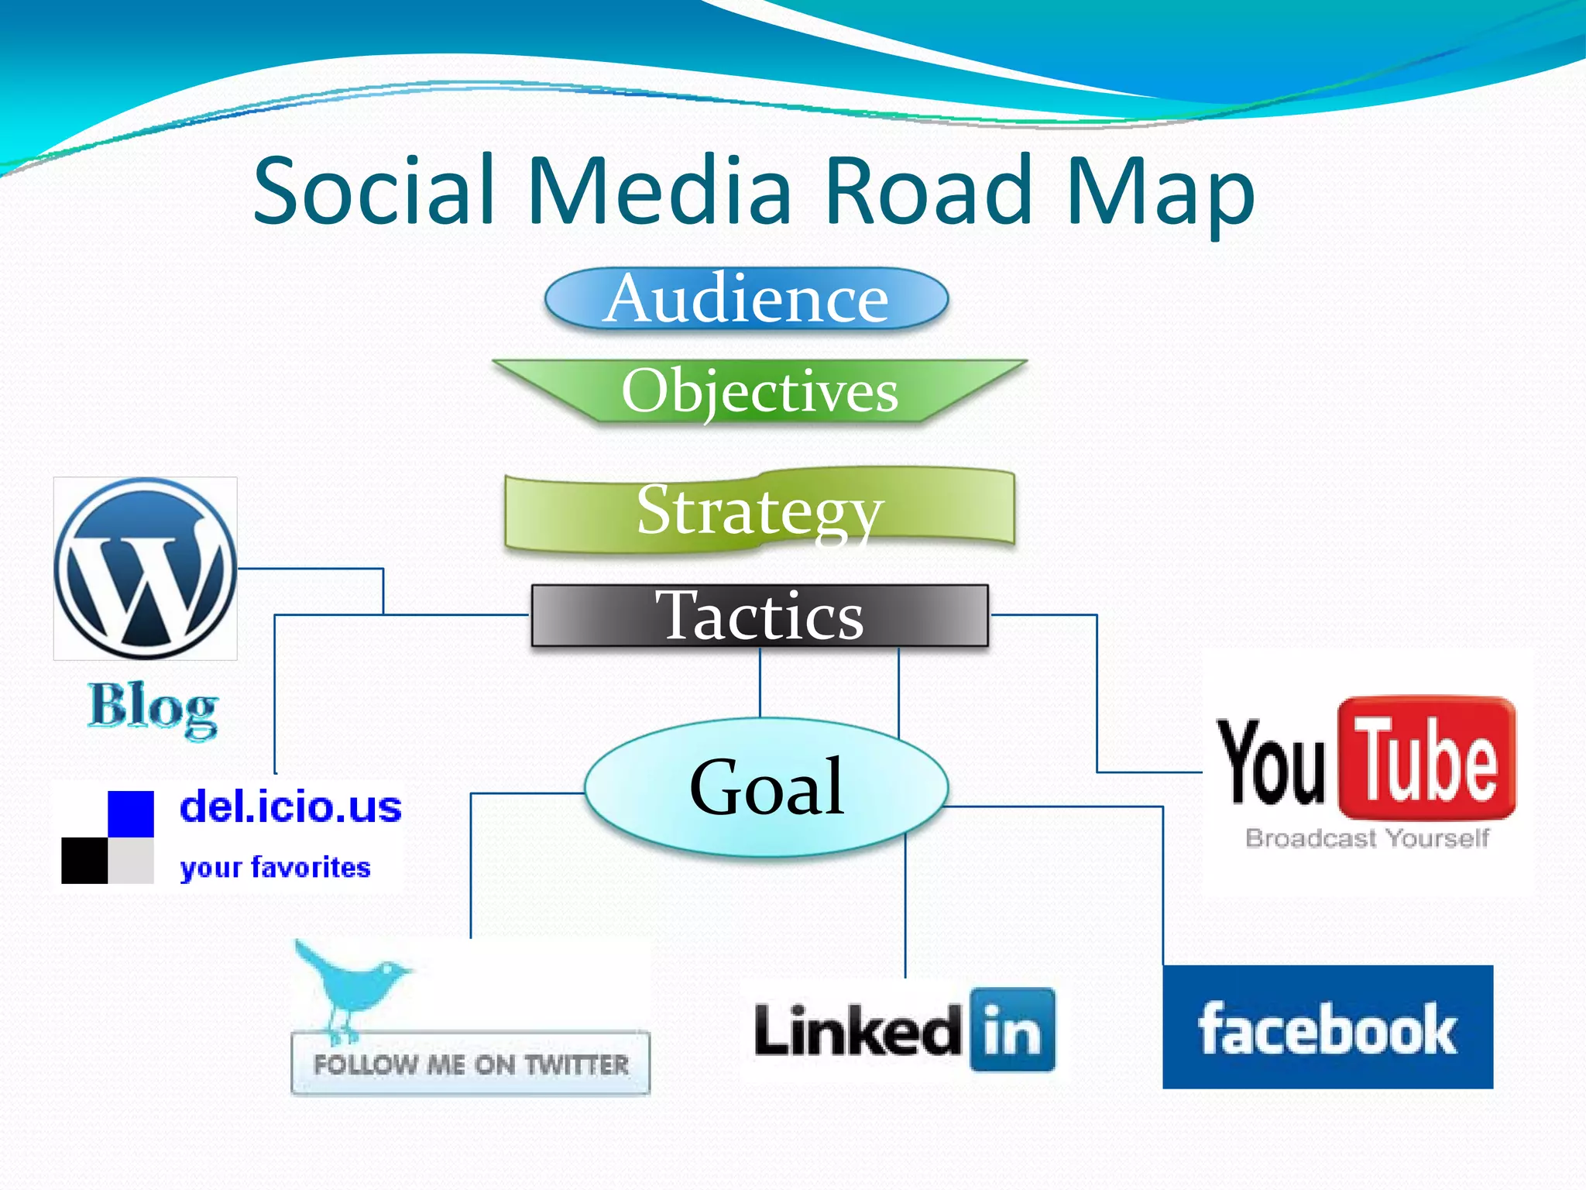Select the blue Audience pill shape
click(x=747, y=299)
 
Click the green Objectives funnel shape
click(x=760, y=390)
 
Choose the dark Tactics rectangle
click(x=760, y=615)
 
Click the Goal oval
click(x=766, y=787)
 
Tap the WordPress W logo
click(x=146, y=569)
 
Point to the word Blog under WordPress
click(x=153, y=707)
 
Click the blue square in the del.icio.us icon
click(x=130, y=813)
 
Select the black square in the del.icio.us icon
click(x=84, y=860)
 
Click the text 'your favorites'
click(x=275, y=868)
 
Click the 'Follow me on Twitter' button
click(x=470, y=1063)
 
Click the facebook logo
click(x=1327, y=1027)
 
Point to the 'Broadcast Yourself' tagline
click(x=1367, y=838)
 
